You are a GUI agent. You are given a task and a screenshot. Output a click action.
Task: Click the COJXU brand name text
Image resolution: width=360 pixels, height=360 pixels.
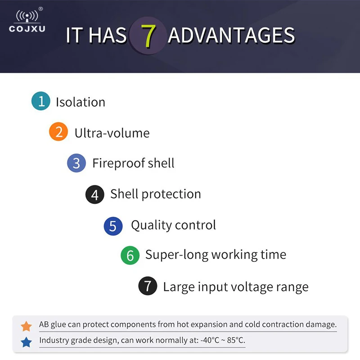pos(27,29)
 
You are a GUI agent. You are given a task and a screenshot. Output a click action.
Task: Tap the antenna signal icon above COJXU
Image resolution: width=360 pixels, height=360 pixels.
pos(27,16)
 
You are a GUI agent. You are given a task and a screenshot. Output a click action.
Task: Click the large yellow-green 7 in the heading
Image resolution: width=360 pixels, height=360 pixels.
pos(148,36)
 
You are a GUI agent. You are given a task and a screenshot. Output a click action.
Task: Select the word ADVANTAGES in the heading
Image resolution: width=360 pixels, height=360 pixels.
pos(231,35)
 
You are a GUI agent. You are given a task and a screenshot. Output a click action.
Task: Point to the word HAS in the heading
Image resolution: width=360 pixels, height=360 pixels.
pos(108,35)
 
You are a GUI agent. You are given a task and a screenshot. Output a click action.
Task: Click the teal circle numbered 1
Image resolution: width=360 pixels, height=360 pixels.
pos(41,101)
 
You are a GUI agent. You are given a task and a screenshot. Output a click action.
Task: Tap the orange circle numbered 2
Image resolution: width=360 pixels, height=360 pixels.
pos(58,131)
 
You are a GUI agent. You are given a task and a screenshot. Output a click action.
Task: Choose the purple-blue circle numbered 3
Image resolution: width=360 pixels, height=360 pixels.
pos(76,163)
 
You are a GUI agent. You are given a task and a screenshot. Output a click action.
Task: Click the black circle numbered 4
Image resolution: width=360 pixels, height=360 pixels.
pos(95,194)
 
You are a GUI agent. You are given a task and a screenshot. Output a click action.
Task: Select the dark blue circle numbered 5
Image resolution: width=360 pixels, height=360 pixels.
pos(113,226)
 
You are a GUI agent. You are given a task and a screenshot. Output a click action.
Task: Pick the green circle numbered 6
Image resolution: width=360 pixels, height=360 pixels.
pos(130,255)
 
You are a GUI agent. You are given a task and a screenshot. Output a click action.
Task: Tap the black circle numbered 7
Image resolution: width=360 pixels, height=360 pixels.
pos(148,286)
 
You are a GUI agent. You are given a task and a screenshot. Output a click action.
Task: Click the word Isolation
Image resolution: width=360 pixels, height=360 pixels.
pos(81,102)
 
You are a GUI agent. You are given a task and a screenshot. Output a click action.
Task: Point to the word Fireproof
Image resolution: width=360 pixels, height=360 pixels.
pos(118,164)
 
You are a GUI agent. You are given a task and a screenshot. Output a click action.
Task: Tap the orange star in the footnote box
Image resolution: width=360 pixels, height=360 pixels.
pos(26,326)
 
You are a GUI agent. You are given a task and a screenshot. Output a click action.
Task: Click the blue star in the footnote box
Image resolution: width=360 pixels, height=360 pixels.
pos(26,342)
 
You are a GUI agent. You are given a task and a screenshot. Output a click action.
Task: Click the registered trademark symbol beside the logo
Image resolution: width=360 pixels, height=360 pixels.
pos(40,9)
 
